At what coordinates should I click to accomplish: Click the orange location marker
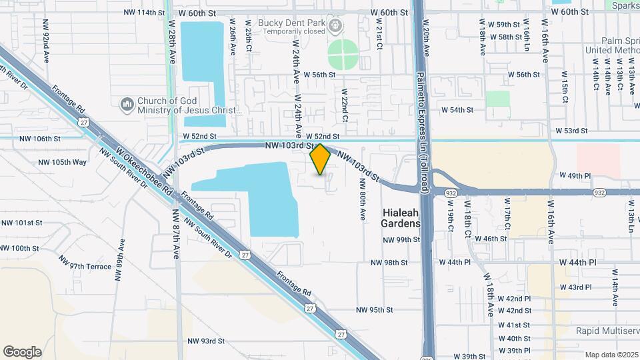pyautogui.click(x=320, y=159)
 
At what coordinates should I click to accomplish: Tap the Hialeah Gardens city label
pyautogui.click(x=401, y=218)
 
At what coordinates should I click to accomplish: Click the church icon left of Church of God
pyautogui.click(x=127, y=105)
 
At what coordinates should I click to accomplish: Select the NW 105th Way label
pyautogui.click(x=62, y=162)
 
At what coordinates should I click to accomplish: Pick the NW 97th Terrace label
pyautogui.click(x=84, y=266)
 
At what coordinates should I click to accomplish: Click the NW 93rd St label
pyautogui.click(x=206, y=341)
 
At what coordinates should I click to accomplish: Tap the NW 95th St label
pyautogui.click(x=375, y=309)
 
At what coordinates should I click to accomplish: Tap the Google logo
pyautogui.click(x=22, y=351)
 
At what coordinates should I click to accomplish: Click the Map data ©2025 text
pyautogui.click(x=611, y=355)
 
